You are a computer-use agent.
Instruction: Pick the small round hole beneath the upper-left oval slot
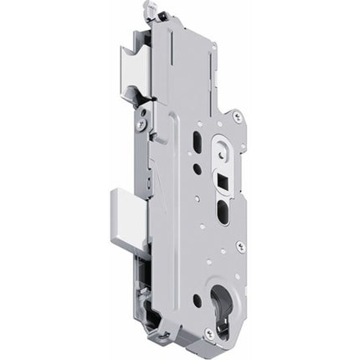pyautogui.click(x=197, y=168)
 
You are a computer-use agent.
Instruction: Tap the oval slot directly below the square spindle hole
pyautogui.click(x=223, y=211)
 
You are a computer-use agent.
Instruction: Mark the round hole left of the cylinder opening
pyautogui.click(x=198, y=299)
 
